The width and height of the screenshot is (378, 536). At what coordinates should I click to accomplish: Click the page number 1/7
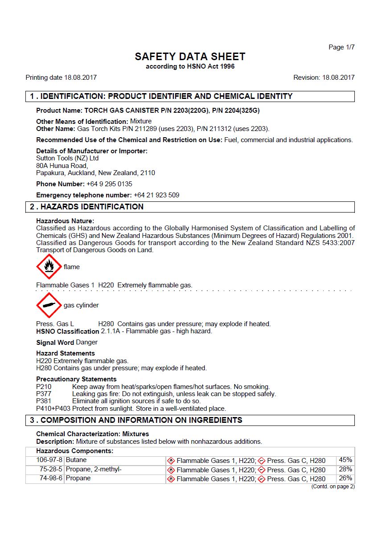coord(341,47)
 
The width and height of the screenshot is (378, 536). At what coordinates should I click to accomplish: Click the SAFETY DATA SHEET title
coord(190,57)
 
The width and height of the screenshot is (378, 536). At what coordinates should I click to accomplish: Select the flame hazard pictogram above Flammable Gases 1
coord(49,267)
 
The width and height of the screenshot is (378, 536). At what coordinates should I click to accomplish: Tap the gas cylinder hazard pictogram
coord(49,305)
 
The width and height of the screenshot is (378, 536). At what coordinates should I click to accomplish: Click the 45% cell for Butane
coord(345,460)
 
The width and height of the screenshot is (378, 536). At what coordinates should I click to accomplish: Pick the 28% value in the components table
coord(345,469)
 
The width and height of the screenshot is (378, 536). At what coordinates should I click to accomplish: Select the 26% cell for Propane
coord(345,478)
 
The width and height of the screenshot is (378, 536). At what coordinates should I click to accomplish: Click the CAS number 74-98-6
coord(51,478)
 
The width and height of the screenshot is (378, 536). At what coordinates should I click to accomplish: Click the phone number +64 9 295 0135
coord(109,184)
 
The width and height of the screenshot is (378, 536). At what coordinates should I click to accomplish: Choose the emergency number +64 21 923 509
coord(156,195)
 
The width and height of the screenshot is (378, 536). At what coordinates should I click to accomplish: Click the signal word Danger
coord(86,342)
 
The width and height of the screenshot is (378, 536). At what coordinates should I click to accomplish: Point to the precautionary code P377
coord(44,394)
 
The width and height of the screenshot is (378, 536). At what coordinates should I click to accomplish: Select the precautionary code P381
coord(44,401)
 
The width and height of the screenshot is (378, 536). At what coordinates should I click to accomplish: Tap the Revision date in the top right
coord(324,78)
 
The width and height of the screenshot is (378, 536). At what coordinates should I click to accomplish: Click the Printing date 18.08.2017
coord(61,78)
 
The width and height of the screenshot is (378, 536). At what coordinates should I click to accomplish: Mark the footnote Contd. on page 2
coord(333,487)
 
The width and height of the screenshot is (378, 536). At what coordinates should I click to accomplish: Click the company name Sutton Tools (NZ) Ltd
coord(67,158)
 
